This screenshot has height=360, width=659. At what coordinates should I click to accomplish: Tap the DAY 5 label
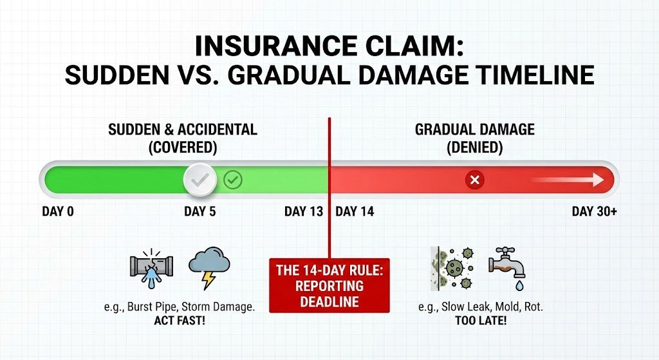click(x=200, y=212)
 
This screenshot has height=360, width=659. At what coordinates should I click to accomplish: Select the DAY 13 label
click(x=304, y=212)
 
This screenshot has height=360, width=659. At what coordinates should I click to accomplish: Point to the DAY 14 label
click(x=355, y=212)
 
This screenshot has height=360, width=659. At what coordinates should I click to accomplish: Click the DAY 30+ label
click(x=594, y=212)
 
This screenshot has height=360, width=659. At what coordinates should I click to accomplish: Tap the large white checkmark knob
click(x=201, y=180)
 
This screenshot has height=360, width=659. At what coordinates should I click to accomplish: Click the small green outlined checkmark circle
click(x=233, y=180)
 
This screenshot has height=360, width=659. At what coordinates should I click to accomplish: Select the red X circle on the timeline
click(x=475, y=180)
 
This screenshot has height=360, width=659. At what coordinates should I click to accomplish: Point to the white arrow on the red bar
click(x=568, y=180)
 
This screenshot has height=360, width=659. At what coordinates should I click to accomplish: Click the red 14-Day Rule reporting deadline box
click(x=329, y=285)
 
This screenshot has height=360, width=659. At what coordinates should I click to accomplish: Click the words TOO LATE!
click(x=480, y=320)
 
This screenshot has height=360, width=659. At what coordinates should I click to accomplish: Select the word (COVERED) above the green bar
click(x=182, y=147)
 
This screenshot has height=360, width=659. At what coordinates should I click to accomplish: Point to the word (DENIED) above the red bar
click(x=474, y=147)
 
